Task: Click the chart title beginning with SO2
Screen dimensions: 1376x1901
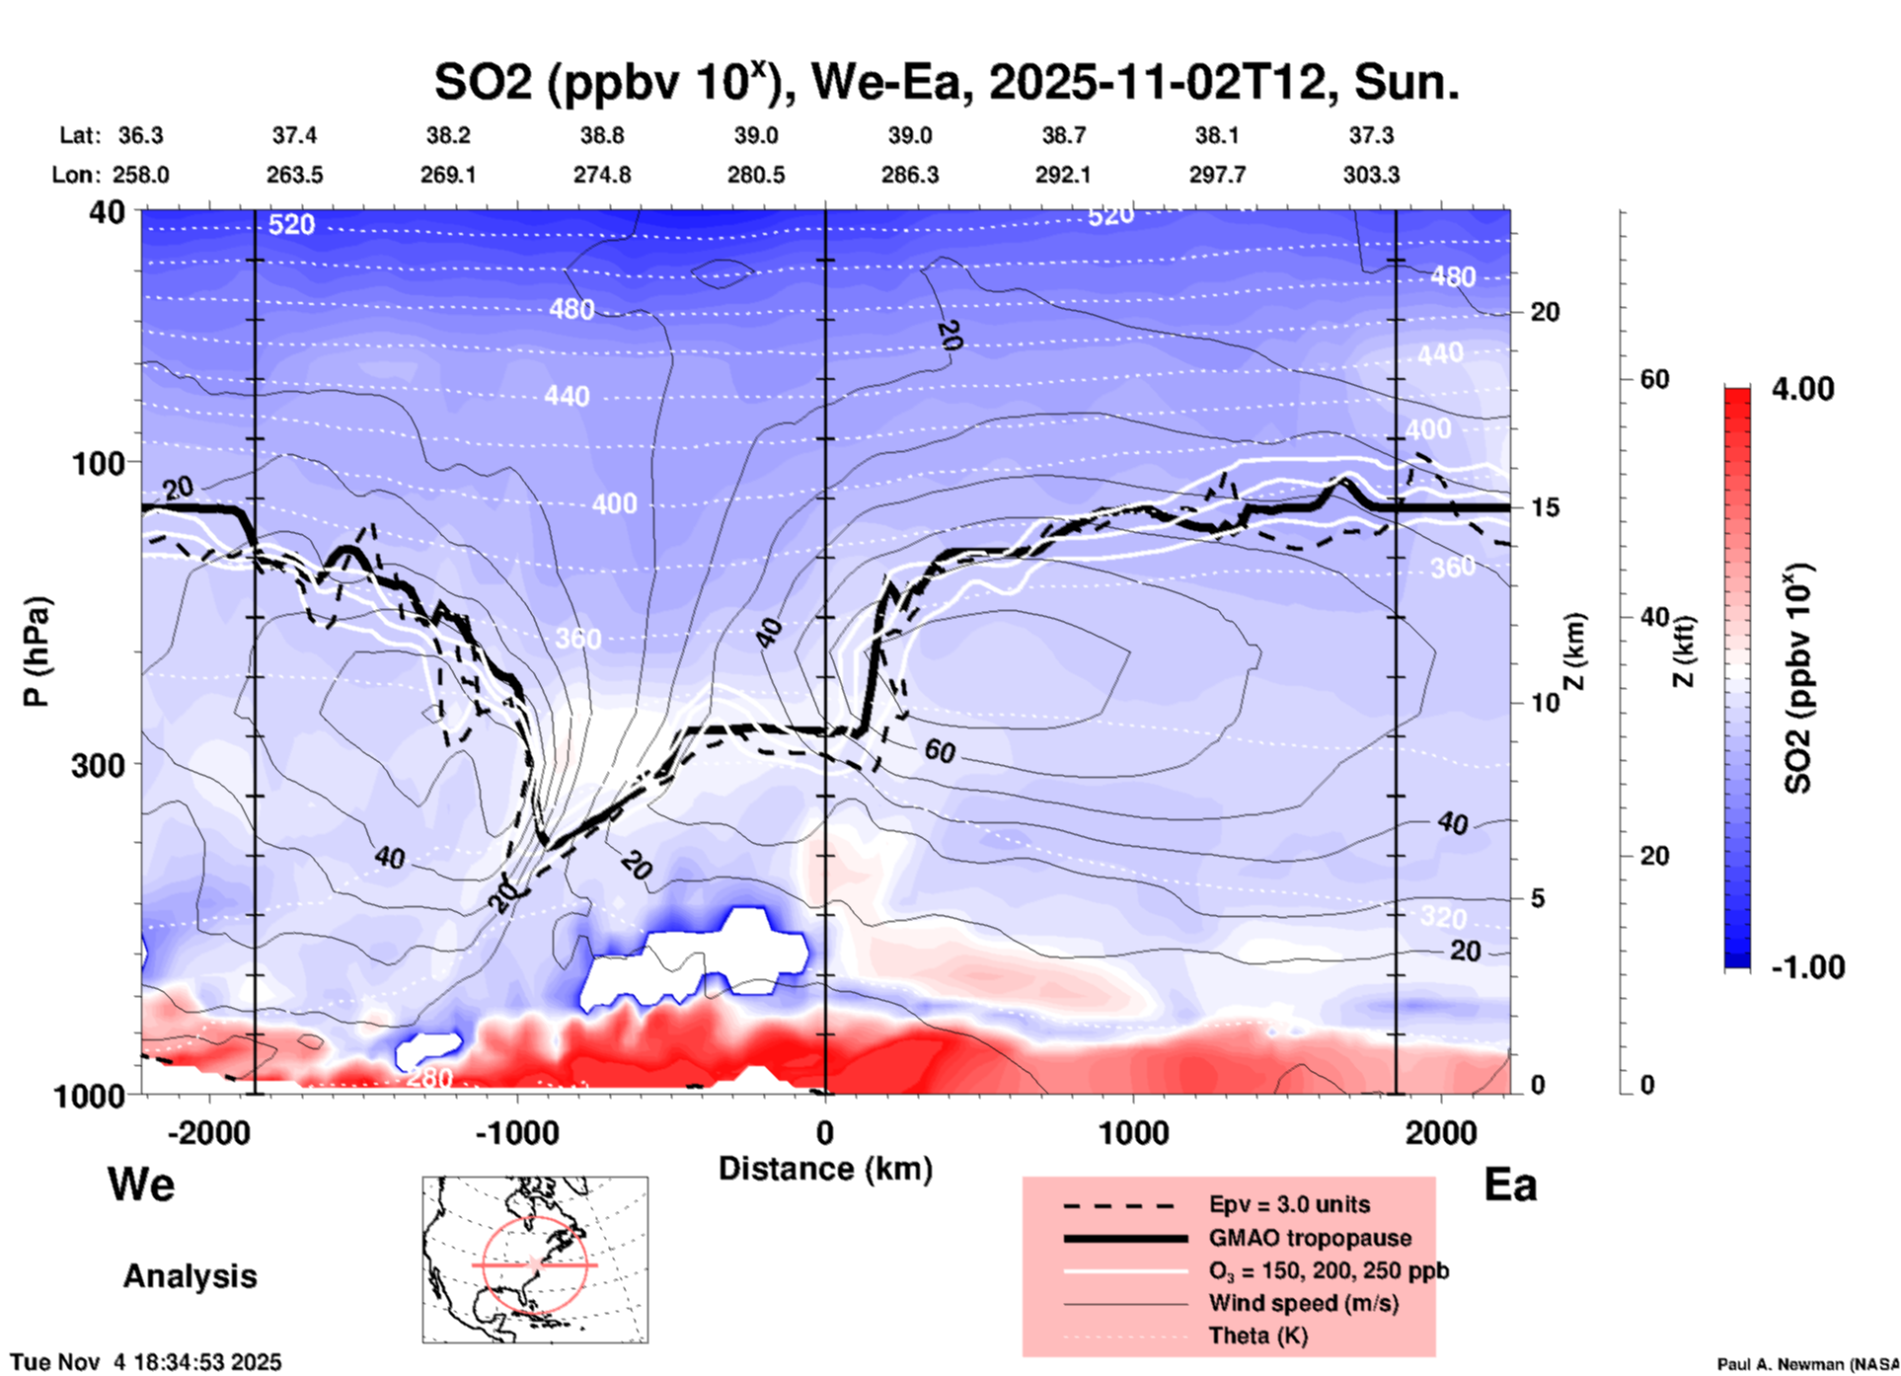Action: click(946, 83)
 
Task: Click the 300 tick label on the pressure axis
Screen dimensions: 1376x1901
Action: click(98, 765)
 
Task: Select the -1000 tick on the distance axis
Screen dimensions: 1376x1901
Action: click(517, 1133)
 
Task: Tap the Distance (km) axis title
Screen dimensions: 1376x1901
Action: click(825, 1169)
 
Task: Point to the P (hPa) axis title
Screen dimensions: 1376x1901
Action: click(37, 651)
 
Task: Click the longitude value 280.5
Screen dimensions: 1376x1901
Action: click(756, 175)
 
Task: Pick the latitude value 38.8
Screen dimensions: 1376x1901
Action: click(602, 135)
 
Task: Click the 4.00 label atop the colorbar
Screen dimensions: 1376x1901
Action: click(1802, 389)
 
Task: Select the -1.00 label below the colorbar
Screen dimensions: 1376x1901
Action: click(1807, 967)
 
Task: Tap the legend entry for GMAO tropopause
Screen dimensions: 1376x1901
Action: click(1310, 1238)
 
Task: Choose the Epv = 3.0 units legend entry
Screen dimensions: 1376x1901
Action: click(1289, 1204)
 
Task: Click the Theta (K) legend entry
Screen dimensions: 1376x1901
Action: click(1257, 1336)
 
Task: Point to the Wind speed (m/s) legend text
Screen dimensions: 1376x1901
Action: click(1303, 1303)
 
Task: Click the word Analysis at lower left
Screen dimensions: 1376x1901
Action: click(190, 1276)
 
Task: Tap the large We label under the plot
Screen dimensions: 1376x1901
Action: click(141, 1185)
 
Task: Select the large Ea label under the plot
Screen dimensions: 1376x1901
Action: click(1510, 1185)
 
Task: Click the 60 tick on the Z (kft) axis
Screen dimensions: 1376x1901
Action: click(1654, 380)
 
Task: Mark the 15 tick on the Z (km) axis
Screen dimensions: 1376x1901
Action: click(1545, 507)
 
